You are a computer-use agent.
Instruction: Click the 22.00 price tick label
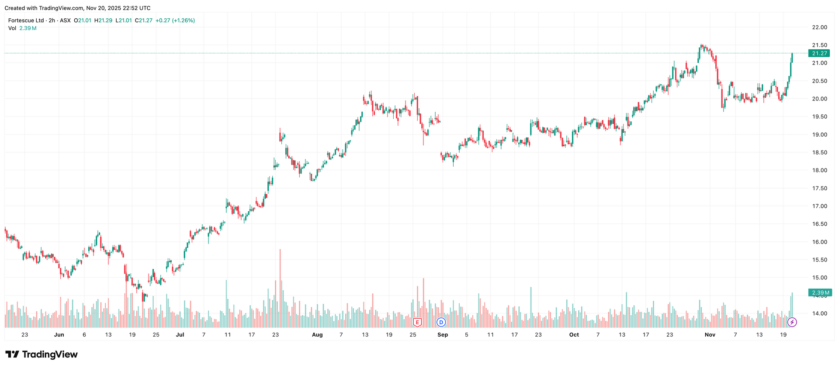tap(819, 28)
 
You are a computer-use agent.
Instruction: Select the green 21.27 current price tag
tap(819, 53)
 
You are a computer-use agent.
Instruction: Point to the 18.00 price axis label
tap(819, 170)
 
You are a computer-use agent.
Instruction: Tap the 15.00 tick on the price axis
tap(819, 278)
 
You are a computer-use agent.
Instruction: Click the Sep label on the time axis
tap(443, 335)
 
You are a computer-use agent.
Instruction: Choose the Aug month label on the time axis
tap(317, 335)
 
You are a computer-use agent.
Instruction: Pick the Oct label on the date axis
tap(574, 335)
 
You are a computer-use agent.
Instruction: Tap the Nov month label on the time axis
tap(710, 335)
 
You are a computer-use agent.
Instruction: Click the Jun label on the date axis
tap(59, 335)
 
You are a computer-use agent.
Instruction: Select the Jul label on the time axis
tap(180, 335)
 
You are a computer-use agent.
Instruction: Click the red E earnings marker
tap(417, 323)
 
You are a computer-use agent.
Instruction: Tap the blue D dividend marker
tap(441, 323)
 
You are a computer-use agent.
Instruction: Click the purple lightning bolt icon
tap(792, 323)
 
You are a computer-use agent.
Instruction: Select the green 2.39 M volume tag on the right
tap(820, 293)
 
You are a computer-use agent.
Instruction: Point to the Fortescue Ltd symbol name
tap(26, 21)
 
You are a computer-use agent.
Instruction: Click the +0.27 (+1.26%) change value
tap(175, 21)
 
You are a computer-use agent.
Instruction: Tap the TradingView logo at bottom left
tap(42, 354)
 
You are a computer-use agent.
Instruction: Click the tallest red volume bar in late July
tap(280, 288)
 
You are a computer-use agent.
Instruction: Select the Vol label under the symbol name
tap(12, 28)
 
